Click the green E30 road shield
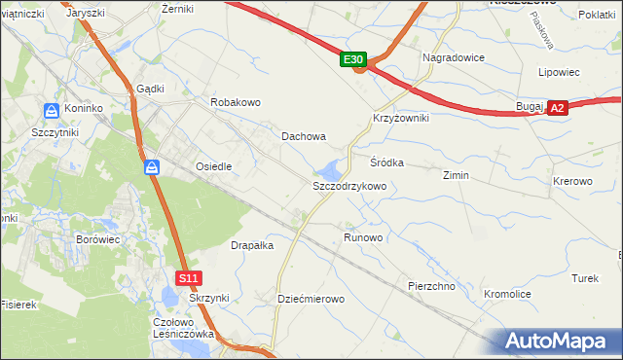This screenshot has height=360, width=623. pyautogui.click(x=354, y=60)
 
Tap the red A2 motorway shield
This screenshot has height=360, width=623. pyautogui.click(x=557, y=109)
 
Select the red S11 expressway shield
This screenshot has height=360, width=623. pyautogui.click(x=190, y=278)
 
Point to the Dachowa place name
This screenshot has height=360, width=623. pyautogui.click(x=304, y=137)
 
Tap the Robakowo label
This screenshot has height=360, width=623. pyautogui.click(x=236, y=102)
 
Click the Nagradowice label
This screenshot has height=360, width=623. pyautogui.click(x=454, y=57)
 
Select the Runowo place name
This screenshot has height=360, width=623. pyautogui.click(x=363, y=237)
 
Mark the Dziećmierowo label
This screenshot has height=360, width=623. pyautogui.click(x=311, y=299)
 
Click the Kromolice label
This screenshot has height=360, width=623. pyautogui.click(x=507, y=293)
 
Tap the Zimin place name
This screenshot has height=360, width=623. pyautogui.click(x=456, y=176)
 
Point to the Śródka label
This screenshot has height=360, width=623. pyautogui.click(x=386, y=162)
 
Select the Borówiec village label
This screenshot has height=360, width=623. pyautogui.click(x=97, y=238)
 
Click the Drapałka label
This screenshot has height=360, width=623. pyautogui.click(x=252, y=246)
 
